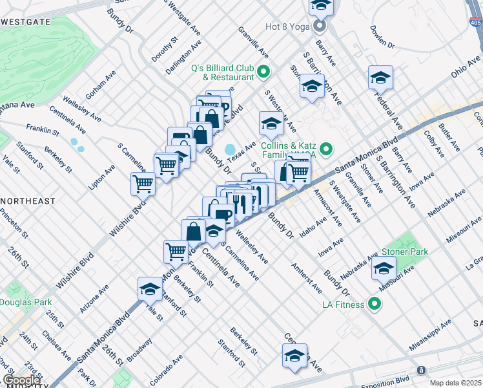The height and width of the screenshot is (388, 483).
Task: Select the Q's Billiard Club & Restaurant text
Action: [x=221, y=72]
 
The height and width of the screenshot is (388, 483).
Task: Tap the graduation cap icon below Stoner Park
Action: [x=384, y=268]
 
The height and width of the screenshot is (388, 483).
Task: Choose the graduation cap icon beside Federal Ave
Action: [x=380, y=78]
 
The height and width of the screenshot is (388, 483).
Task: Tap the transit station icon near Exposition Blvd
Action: [x=421, y=370]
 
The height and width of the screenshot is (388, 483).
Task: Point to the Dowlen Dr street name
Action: [x=382, y=38]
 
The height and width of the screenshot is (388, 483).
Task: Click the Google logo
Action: [x=21, y=380]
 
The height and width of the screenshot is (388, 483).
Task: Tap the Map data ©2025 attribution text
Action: [x=455, y=383]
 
